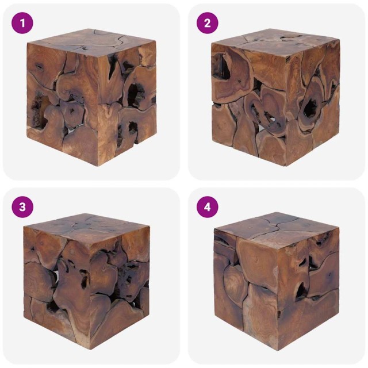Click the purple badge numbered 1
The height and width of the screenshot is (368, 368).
click(22, 23)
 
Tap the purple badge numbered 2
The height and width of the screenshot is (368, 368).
click(208, 23)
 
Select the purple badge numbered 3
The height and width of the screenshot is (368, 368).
click(22, 207)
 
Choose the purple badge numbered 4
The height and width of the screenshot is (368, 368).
click(208, 207)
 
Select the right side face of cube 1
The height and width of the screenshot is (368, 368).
click(129, 98)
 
